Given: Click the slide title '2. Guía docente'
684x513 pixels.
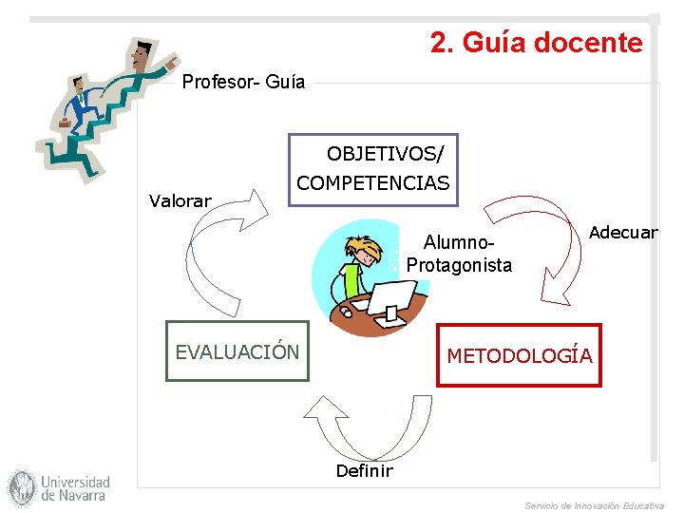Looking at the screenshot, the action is (536, 43).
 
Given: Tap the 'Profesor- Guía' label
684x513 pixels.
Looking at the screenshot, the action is (243, 82).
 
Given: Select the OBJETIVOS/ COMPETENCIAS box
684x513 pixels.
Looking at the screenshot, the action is (373, 169).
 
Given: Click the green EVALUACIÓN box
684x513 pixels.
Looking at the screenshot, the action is (237, 352).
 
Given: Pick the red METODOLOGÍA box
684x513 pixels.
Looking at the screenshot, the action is (519, 356).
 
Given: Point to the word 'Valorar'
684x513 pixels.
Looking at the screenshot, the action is (180, 200).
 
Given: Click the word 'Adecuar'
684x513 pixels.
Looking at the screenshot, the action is (623, 233).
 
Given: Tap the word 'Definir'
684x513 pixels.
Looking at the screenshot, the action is (364, 470).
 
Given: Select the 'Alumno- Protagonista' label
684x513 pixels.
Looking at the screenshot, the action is (459, 255).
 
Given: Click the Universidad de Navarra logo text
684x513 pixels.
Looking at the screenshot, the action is (75, 488).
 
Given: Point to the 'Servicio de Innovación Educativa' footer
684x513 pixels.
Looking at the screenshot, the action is (594, 505).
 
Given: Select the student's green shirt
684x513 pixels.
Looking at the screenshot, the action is (352, 281).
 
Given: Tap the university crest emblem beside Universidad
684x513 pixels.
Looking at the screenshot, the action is (21, 488).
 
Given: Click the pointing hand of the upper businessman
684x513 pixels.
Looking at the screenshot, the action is (171, 62).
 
